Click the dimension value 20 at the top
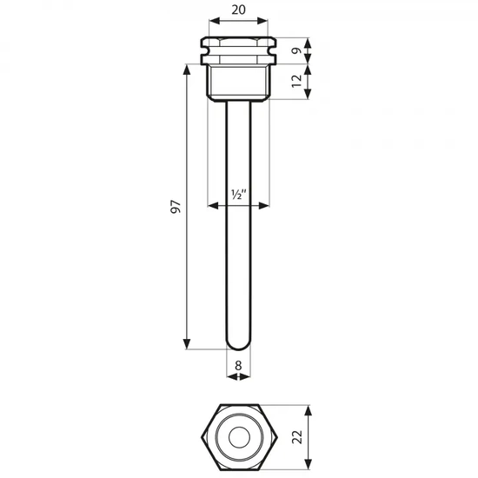tap(238, 10)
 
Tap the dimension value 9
tap(296, 50)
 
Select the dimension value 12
tap(296, 81)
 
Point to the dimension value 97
tap(176, 206)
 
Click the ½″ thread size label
tap(238, 194)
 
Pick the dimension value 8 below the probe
tap(238, 365)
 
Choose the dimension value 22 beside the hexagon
tap(297, 437)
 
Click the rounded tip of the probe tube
tap(238, 345)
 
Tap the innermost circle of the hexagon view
tap(239, 437)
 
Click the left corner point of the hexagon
tap(202, 437)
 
